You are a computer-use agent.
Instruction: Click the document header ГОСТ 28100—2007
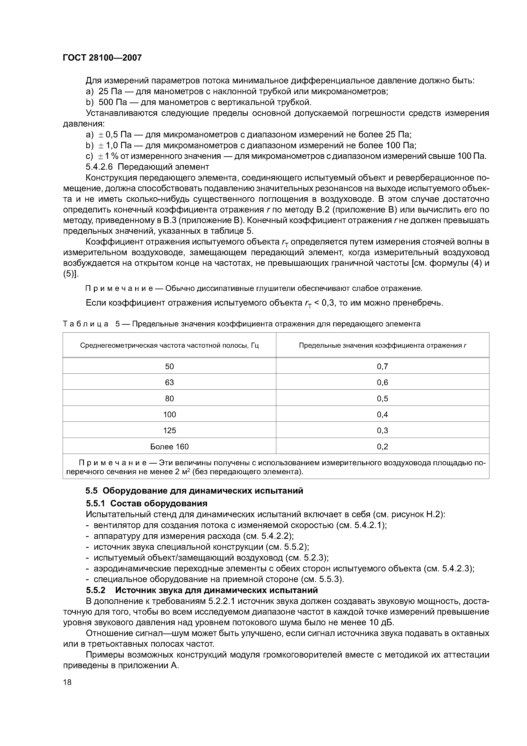[x=102, y=58]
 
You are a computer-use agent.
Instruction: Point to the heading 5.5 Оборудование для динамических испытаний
[x=194, y=491]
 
